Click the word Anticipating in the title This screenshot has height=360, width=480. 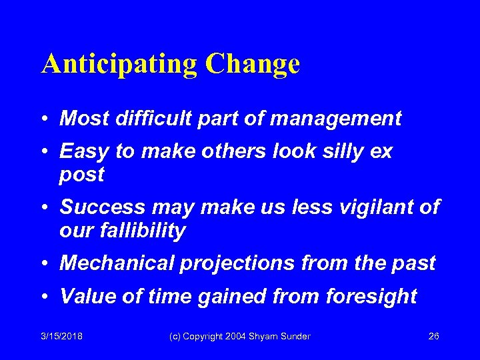119,65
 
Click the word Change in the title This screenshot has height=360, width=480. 253,65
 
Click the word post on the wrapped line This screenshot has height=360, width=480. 81,175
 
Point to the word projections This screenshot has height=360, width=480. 236,263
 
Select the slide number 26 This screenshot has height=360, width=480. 433,336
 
